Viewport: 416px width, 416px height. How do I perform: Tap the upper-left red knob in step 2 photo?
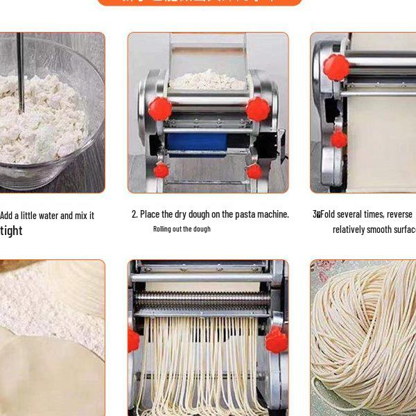[159, 109]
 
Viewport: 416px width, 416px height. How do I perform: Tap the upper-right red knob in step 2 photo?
[257, 109]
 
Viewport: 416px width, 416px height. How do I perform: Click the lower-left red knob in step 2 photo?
[161, 170]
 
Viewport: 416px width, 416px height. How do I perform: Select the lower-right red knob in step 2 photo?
[254, 171]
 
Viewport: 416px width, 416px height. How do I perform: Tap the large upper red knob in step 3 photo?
[336, 67]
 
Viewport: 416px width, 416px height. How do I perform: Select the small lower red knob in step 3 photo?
[338, 139]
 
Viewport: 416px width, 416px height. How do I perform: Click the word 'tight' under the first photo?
[11, 231]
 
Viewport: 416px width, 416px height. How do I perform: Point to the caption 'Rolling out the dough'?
[182, 229]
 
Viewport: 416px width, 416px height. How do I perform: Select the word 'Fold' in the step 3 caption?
[328, 214]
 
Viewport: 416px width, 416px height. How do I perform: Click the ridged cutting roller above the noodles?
[202, 300]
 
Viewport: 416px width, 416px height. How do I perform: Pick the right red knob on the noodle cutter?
[276, 340]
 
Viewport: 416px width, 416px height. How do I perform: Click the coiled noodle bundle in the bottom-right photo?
[364, 340]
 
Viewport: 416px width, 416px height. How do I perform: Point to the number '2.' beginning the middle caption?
[135, 214]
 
